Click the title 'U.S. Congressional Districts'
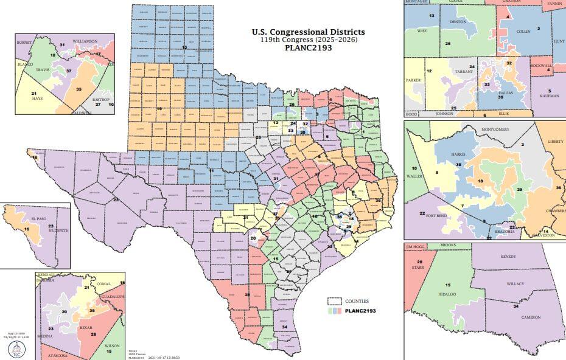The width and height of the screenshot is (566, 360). coord(309,32)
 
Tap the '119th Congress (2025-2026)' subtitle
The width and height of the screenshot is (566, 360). coord(309,40)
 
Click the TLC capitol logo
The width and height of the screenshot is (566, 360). coord(16,348)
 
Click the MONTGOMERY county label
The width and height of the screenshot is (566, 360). coord(481,130)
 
